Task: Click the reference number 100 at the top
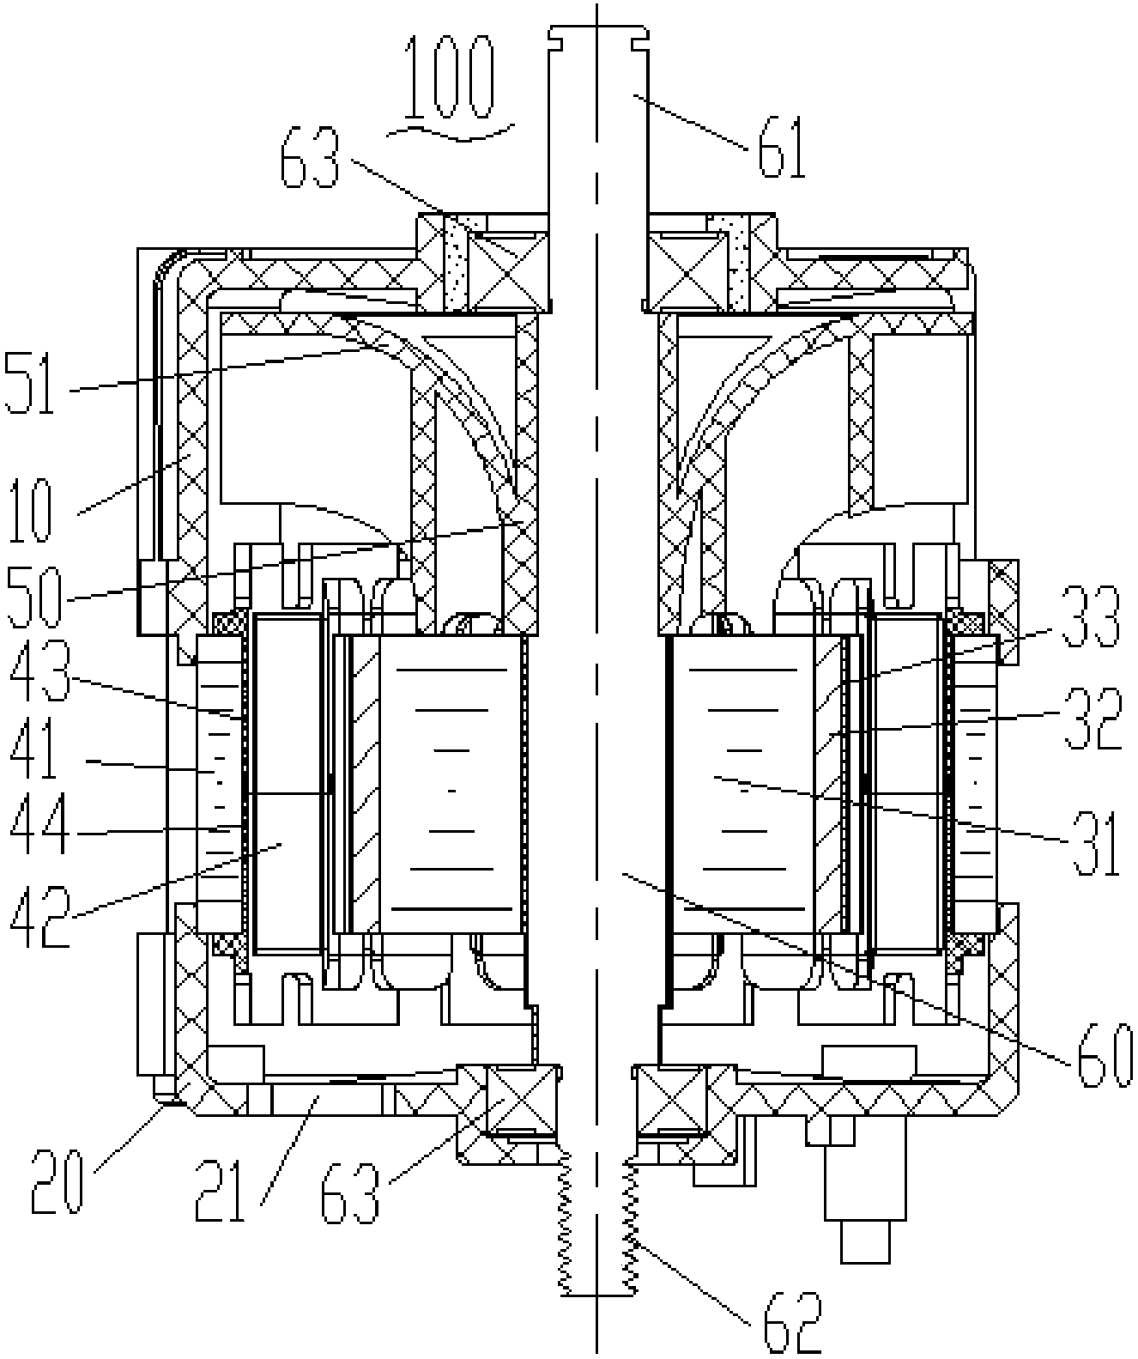(x=450, y=80)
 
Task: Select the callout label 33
(x=1090, y=616)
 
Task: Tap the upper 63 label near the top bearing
(x=310, y=157)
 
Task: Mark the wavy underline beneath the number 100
(x=450, y=132)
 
